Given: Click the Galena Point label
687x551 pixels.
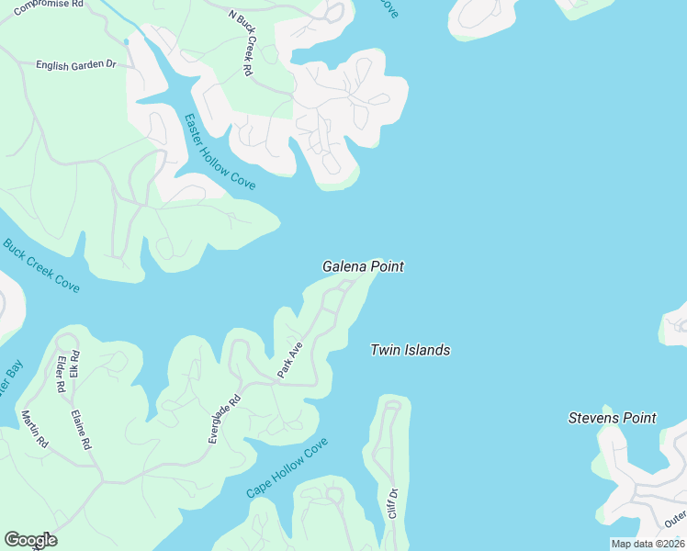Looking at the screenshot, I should click(x=363, y=266).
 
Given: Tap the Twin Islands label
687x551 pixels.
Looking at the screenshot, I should click(x=410, y=350).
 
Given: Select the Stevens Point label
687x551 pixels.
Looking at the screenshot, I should click(x=612, y=419).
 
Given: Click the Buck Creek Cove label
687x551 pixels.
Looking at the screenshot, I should click(x=41, y=266).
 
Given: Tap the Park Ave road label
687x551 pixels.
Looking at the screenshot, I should click(x=290, y=360).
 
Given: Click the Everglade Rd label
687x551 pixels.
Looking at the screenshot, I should click(x=224, y=419).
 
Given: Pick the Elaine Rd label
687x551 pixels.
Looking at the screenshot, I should click(x=80, y=429).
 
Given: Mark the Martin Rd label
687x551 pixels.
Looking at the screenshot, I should click(x=33, y=429).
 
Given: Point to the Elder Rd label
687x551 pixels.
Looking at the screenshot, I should click(x=61, y=375).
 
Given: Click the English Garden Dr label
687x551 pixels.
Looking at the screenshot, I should click(x=76, y=65).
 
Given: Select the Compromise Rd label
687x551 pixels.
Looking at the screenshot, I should click(x=48, y=4).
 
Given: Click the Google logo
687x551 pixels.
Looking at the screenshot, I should click(x=30, y=540).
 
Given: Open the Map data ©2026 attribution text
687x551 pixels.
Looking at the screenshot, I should click(x=647, y=544).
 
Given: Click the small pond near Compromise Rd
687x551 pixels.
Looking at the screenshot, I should click(x=126, y=41).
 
